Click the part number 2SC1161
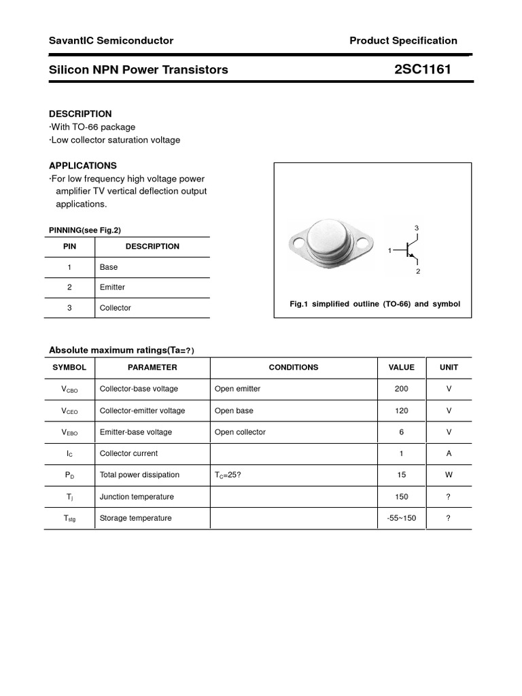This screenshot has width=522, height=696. [422, 69]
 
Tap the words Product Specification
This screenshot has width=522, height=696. [403, 41]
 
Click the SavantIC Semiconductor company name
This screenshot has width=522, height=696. [111, 41]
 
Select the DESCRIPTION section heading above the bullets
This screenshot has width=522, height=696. [80, 114]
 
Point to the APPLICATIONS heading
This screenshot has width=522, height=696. [83, 165]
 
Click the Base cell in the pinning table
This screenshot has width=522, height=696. [109, 267]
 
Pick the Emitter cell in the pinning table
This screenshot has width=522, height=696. [112, 288]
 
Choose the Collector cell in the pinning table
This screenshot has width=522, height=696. [115, 308]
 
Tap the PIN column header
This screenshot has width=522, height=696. [70, 247]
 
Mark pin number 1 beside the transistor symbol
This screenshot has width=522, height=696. [390, 251]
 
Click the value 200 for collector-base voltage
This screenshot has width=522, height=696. [401, 389]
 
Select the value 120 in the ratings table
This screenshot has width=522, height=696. [401, 411]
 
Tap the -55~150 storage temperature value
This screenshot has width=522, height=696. [401, 518]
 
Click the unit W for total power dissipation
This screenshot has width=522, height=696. [449, 475]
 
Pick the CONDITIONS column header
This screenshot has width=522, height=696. [294, 367]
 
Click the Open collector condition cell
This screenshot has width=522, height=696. [240, 432]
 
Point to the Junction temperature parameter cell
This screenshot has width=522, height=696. [137, 497]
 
